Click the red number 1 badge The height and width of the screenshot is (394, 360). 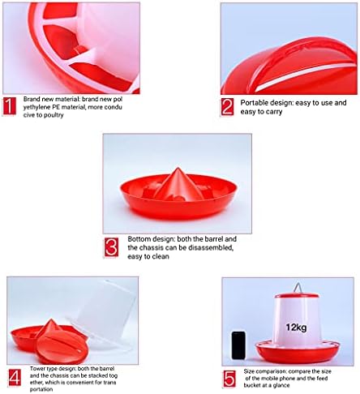click(x=10, y=106)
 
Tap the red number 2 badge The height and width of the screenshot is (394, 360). click(x=227, y=107)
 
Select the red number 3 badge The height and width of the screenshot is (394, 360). click(x=111, y=247)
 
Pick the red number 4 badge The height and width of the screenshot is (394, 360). click(x=15, y=378)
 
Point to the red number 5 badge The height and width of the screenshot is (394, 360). click(x=229, y=379)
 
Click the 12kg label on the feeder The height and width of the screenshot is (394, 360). click(x=296, y=328)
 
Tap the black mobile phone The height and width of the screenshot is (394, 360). click(x=238, y=345)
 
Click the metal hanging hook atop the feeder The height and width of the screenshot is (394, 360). click(x=298, y=289)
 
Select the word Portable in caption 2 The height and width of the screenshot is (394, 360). click(x=254, y=103)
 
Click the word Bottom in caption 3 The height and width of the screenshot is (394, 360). click(x=139, y=239)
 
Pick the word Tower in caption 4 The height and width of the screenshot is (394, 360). click(x=36, y=369)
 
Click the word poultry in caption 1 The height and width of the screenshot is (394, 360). click(x=54, y=115)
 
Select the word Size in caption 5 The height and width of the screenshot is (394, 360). click(x=249, y=371)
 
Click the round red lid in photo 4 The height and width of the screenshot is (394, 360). click(x=61, y=347)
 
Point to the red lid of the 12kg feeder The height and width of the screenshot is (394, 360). click(x=297, y=295)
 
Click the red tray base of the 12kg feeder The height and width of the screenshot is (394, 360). click(x=298, y=352)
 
